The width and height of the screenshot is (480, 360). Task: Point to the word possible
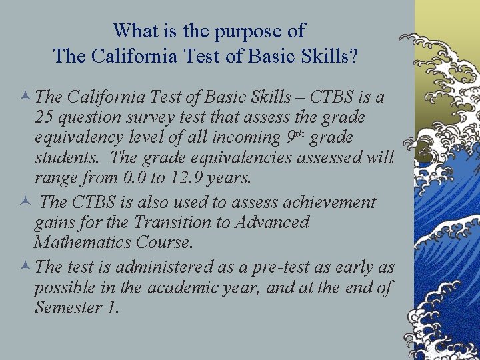click(65, 288)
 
